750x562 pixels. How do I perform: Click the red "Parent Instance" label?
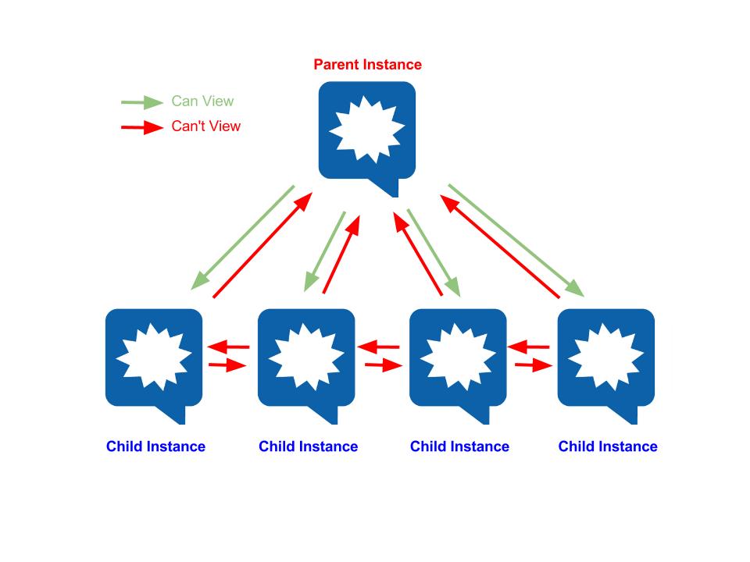tap(367, 65)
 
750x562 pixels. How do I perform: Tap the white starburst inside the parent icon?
tap(367, 129)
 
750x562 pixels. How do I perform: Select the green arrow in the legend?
tap(142, 102)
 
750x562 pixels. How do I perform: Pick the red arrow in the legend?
tap(142, 127)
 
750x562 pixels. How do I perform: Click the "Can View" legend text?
tap(202, 101)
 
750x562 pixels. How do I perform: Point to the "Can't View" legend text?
tap(205, 126)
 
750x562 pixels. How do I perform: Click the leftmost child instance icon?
tap(154, 365)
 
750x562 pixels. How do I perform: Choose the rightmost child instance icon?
tap(606, 365)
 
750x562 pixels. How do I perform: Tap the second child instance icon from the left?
tap(306, 365)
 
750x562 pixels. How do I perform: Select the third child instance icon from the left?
tap(458, 365)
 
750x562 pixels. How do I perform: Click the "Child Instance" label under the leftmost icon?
tap(155, 446)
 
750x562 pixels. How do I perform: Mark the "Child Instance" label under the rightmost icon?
tap(608, 446)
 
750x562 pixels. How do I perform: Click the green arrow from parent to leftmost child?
tap(242, 237)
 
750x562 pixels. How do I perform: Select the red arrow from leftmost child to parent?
tap(262, 245)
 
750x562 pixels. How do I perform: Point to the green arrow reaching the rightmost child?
tap(516, 240)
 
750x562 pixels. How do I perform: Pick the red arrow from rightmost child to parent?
tap(499, 247)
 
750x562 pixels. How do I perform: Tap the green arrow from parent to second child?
tap(325, 251)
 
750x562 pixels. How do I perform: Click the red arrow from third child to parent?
tap(417, 254)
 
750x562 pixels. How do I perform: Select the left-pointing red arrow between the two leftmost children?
tap(229, 347)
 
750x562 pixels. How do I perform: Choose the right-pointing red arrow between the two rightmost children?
tap(534, 365)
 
